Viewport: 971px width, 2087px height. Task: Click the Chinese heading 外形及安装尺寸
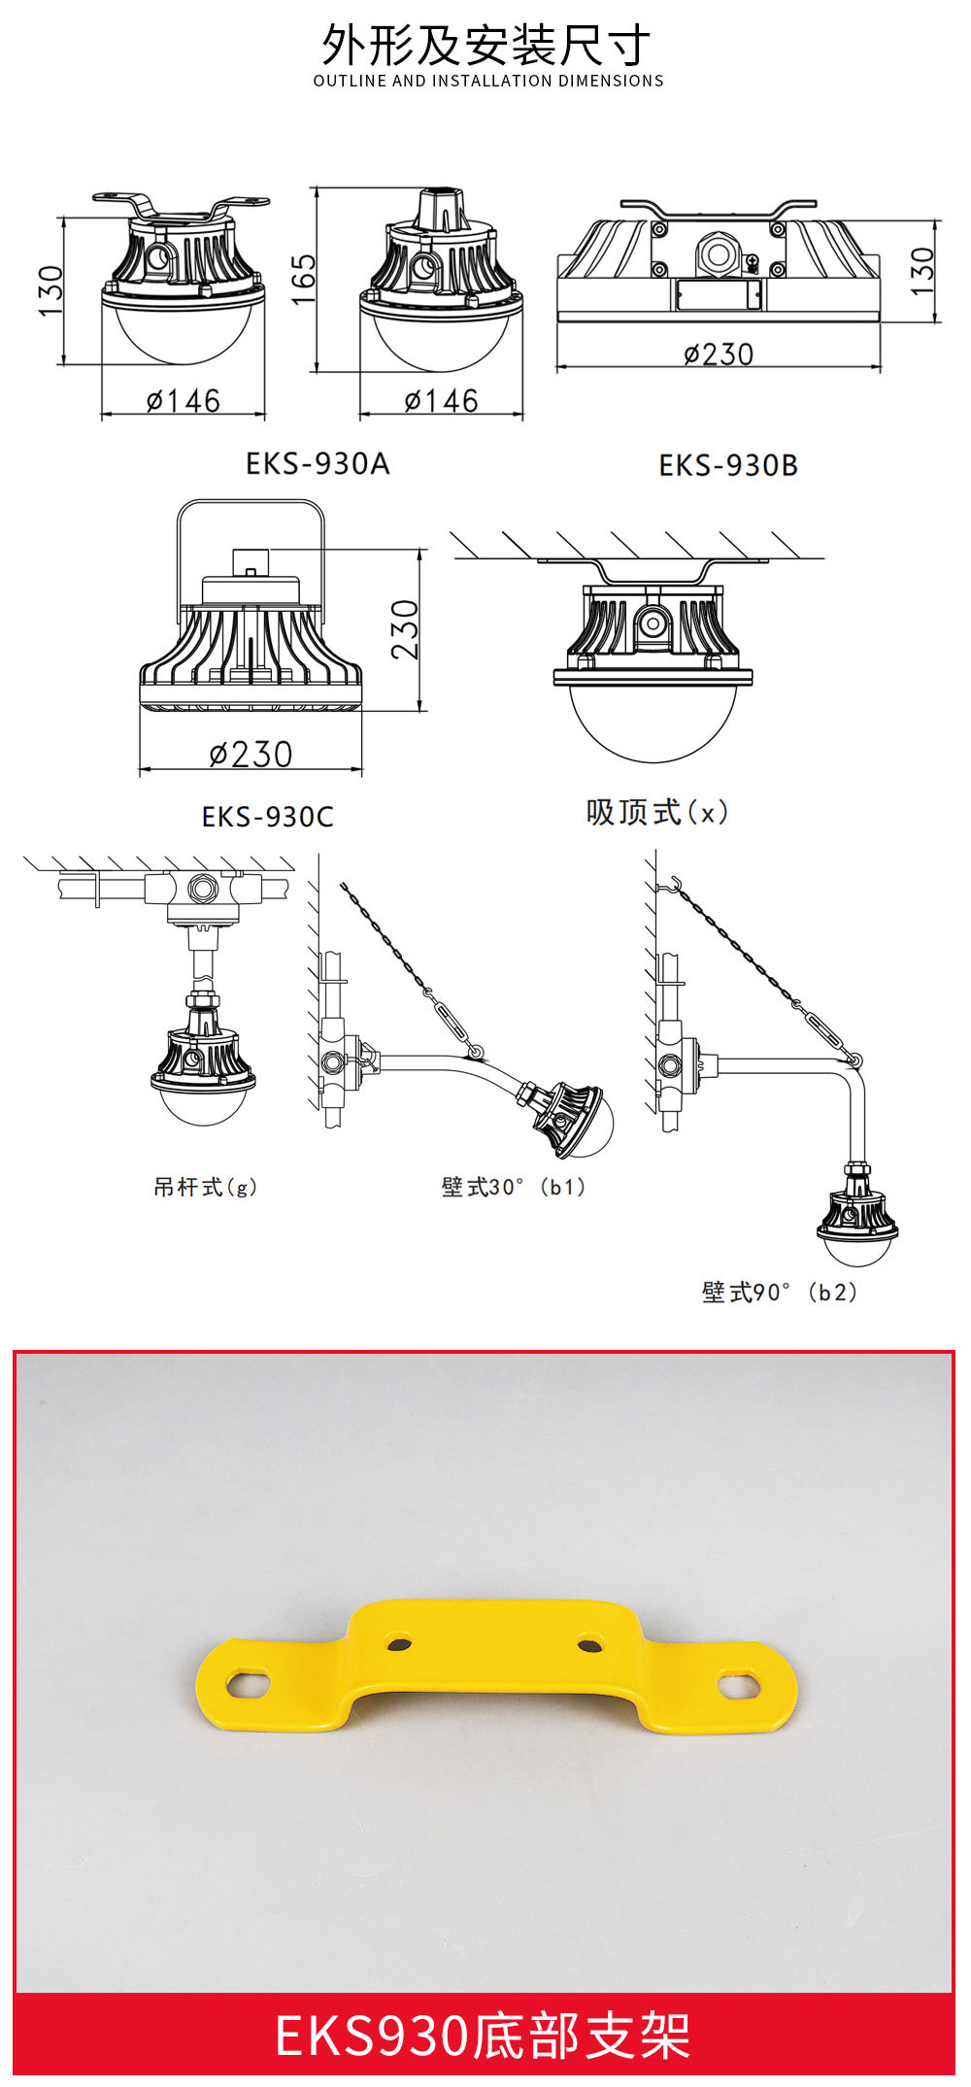pyautogui.click(x=486, y=45)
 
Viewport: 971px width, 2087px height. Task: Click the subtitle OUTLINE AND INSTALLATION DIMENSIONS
pyautogui.click(x=488, y=82)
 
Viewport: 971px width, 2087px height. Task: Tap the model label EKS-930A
pyautogui.click(x=318, y=463)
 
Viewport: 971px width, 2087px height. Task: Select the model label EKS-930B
pyautogui.click(x=728, y=465)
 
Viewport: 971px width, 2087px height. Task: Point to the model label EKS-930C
pyautogui.click(x=267, y=817)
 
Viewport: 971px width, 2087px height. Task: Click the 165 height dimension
pyautogui.click(x=303, y=280)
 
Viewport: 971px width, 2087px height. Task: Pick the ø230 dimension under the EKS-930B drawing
pyautogui.click(x=719, y=353)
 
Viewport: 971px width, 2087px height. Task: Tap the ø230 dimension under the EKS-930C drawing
pyautogui.click(x=251, y=754)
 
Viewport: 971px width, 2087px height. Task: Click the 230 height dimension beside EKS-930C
pyautogui.click(x=404, y=629)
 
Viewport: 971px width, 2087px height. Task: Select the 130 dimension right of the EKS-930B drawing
pyautogui.click(x=921, y=271)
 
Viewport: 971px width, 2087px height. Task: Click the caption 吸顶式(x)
pyautogui.click(x=657, y=812)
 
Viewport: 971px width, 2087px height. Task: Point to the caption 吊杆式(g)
pyautogui.click(x=206, y=1187)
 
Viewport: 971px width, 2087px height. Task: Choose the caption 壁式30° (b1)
pyautogui.click(x=514, y=1187)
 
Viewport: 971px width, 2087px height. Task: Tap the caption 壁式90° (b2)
pyautogui.click(x=780, y=1292)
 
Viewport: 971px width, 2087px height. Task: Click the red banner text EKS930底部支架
pyautogui.click(x=484, y=2036)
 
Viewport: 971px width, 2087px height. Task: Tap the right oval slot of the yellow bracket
pyautogui.click(x=743, y=1686)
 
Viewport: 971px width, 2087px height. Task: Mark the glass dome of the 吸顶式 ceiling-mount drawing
pyautogui.click(x=653, y=724)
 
